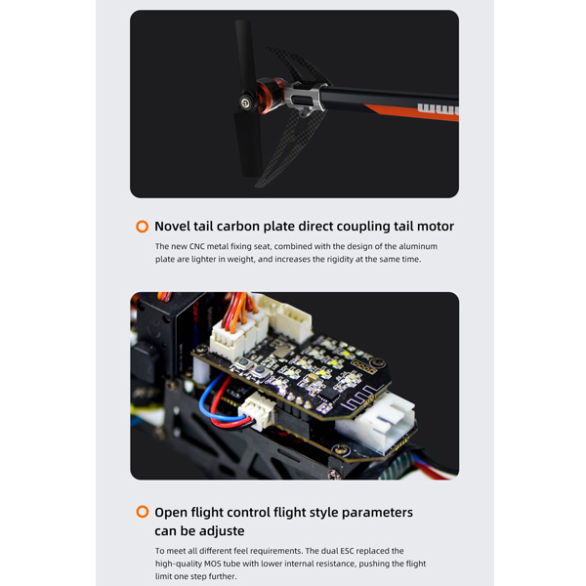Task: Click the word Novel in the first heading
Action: click(x=172, y=227)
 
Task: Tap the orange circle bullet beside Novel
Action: click(x=142, y=227)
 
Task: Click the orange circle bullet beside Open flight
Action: click(x=142, y=512)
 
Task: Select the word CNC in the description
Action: click(x=196, y=246)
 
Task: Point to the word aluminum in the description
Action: click(x=418, y=246)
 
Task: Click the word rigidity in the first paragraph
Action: click(x=340, y=259)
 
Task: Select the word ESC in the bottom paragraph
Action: click(x=347, y=551)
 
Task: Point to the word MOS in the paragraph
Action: click(x=212, y=564)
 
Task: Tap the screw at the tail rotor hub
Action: click(x=245, y=104)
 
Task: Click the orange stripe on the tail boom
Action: click(x=411, y=113)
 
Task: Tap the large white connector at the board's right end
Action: click(x=377, y=421)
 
